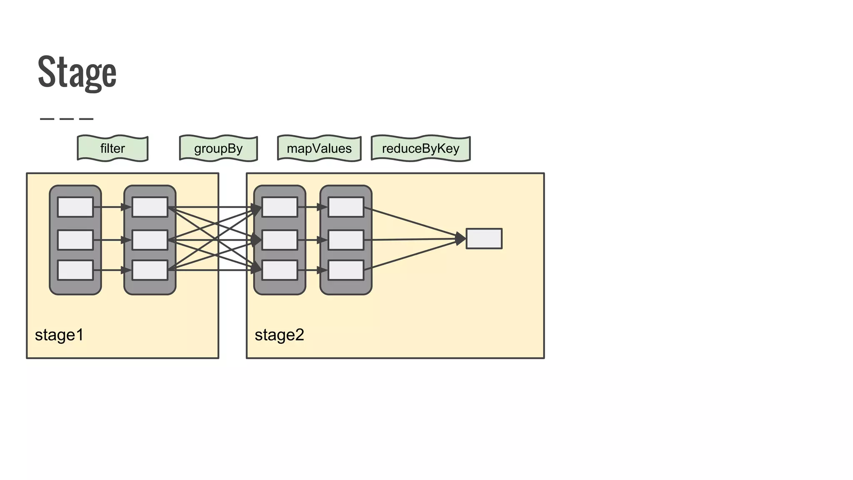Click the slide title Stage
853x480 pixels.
point(77,72)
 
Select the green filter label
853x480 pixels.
point(112,148)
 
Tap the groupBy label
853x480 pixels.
point(218,148)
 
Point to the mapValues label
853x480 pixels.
point(319,148)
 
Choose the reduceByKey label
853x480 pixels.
point(421,148)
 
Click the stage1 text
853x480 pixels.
point(59,335)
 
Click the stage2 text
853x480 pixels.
point(279,335)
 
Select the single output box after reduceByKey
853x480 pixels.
point(484,239)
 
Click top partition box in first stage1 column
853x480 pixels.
point(75,207)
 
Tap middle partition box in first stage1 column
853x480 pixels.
point(75,240)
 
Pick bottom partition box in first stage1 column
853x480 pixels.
point(75,270)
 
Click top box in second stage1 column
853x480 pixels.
point(150,207)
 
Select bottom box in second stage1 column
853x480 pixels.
point(150,270)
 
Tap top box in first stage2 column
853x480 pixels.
point(279,207)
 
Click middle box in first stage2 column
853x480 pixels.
point(279,240)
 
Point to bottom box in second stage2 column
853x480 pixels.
point(346,270)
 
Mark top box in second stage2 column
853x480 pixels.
point(346,207)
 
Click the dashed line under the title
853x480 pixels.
point(67,119)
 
